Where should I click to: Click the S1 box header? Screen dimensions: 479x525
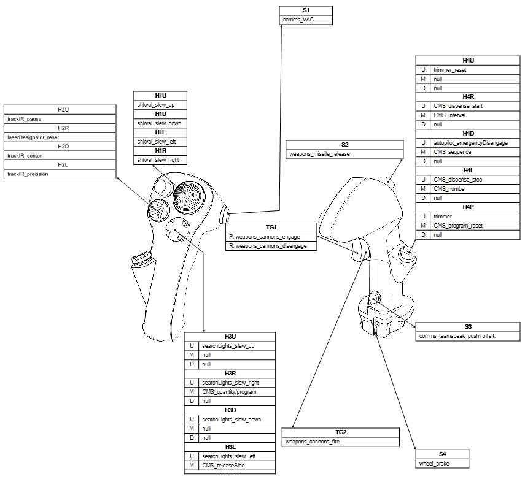point(306,10)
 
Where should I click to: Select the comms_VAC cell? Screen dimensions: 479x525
point(306,20)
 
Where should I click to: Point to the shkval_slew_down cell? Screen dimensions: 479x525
point(161,123)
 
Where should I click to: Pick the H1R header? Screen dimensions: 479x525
point(161,150)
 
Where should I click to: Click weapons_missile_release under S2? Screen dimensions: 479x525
point(345,154)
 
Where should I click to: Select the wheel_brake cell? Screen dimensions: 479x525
point(442,464)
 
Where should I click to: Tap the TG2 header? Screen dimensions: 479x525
point(341,432)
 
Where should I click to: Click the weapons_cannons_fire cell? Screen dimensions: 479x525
point(341,442)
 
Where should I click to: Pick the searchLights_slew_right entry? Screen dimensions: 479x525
point(236,383)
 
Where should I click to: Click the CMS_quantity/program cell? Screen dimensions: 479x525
point(236,392)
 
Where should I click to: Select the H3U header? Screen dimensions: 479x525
point(230,337)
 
